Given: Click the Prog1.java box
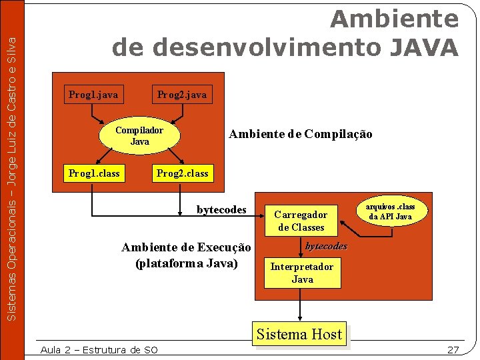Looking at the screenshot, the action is [x=93, y=95].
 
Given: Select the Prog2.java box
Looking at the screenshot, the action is [x=181, y=95].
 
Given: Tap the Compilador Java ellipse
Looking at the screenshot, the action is [x=139, y=136].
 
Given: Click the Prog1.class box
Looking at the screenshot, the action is [x=94, y=174].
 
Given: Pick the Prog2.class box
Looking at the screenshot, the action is [x=182, y=174].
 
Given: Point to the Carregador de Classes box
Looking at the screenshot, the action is [x=300, y=221].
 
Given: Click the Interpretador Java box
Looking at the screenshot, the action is [x=302, y=273].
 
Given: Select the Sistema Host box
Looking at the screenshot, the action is [x=299, y=334].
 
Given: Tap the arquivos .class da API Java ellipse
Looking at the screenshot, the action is [x=391, y=212].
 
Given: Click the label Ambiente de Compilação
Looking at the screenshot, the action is [x=300, y=134].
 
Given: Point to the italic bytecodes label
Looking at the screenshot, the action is [x=326, y=246].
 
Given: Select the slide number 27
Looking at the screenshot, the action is [x=453, y=349].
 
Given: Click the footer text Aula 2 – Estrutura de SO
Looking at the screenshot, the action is [x=99, y=349].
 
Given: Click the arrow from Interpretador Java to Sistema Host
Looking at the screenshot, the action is [x=300, y=304].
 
